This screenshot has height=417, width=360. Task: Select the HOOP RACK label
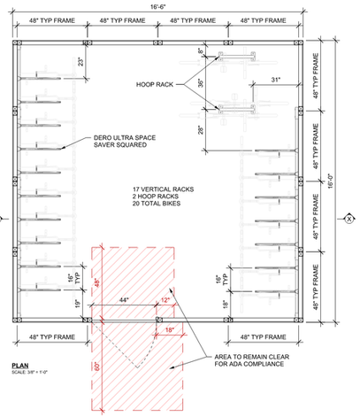[155, 85]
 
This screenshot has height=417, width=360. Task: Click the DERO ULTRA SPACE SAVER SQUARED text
[125, 142]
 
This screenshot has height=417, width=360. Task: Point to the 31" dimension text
[276, 80]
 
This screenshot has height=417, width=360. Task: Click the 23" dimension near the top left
[81, 61]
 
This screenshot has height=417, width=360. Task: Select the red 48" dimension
[97, 282]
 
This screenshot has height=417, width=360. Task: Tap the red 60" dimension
[97, 367]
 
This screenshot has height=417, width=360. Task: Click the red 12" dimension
[165, 300]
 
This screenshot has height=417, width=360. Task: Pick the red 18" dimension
[169, 329]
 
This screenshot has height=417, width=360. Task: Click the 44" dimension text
[124, 300]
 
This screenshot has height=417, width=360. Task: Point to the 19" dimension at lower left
[78, 304]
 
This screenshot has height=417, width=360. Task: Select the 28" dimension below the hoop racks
[201, 130]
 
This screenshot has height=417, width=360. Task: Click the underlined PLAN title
[20, 366]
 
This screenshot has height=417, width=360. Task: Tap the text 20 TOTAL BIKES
[157, 204]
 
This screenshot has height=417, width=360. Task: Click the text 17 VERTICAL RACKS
[163, 189]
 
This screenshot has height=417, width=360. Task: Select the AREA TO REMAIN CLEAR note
[252, 360]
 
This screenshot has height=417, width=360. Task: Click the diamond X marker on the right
[349, 219]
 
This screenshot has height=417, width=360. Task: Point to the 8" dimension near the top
[201, 51]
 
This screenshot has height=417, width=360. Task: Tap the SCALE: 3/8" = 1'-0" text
[29, 372]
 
